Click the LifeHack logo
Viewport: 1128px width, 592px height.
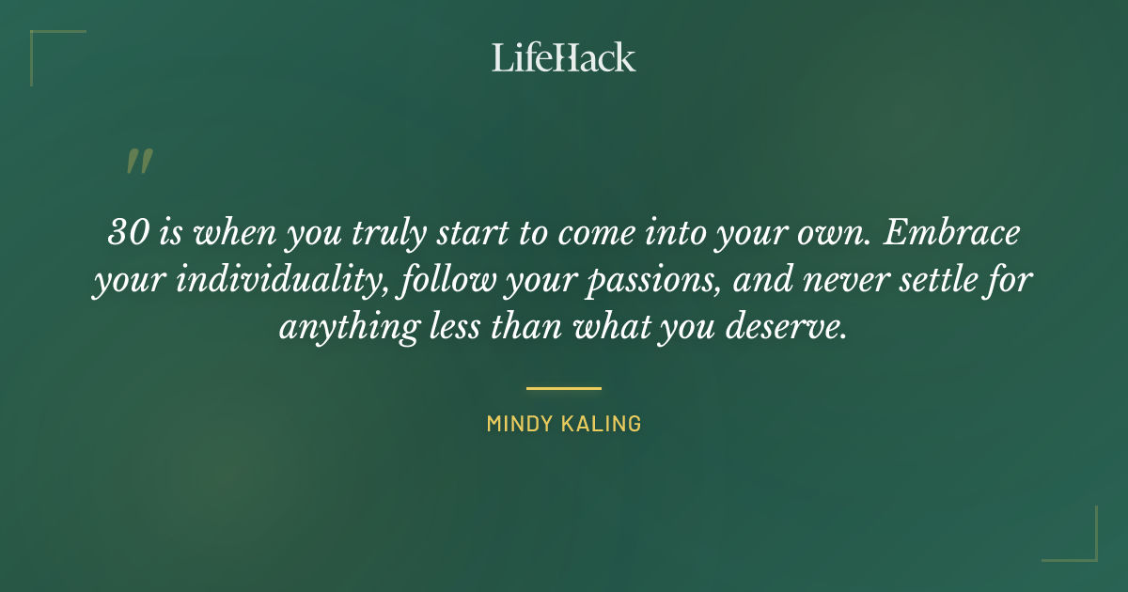click(x=564, y=57)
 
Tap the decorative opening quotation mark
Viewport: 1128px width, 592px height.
click(x=138, y=162)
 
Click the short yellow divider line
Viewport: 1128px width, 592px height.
click(x=564, y=387)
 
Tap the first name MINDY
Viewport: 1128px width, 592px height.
click(x=521, y=424)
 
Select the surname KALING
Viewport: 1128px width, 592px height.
click(x=603, y=424)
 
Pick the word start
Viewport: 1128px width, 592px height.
click(x=476, y=233)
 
